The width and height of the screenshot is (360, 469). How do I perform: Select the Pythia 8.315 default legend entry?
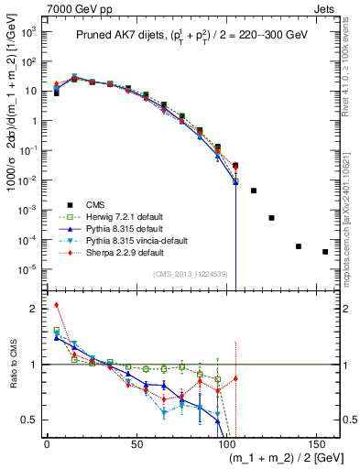(x=127, y=229)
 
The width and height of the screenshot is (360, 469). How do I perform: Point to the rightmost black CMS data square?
(x=325, y=252)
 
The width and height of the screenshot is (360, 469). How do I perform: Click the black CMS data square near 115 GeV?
(x=254, y=191)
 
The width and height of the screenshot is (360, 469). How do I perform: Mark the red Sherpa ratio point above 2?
(x=57, y=305)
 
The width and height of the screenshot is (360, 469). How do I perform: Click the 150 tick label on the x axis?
(x=316, y=445)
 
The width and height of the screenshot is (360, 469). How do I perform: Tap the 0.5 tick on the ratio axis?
(x=36, y=420)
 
